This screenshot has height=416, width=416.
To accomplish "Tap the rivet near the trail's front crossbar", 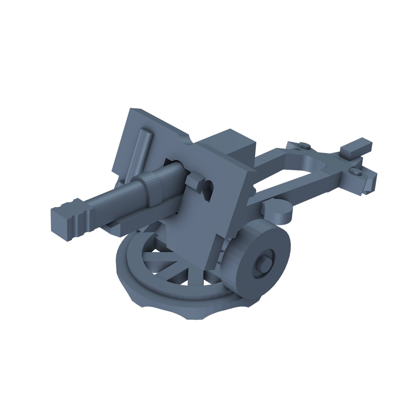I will tap(303, 146).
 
